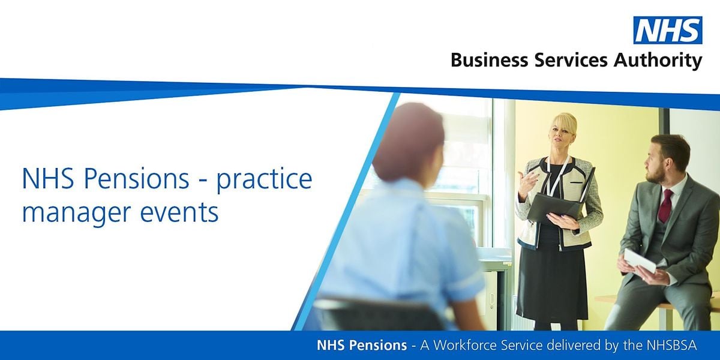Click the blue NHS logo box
(667, 30)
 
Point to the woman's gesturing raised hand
(527, 179)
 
